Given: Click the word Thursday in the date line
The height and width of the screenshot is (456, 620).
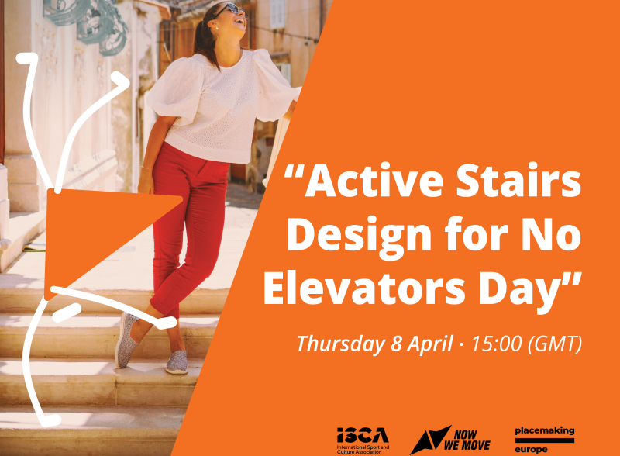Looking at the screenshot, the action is coord(340,344).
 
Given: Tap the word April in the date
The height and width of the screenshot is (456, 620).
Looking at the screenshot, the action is coord(430,344).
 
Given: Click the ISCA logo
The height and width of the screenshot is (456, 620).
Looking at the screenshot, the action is coord(363,440).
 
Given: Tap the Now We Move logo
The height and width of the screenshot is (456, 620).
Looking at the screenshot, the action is coord(450,440).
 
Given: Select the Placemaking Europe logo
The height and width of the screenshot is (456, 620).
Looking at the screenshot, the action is coord(545,440).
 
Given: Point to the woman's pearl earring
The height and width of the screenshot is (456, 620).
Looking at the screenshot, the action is coord(217,28).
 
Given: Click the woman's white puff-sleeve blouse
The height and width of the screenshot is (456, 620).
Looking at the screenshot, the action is coord(222,105).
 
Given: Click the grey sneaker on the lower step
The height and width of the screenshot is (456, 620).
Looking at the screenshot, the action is coord(177,362).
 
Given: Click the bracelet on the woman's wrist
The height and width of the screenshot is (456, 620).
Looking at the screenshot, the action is coord(146,168).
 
